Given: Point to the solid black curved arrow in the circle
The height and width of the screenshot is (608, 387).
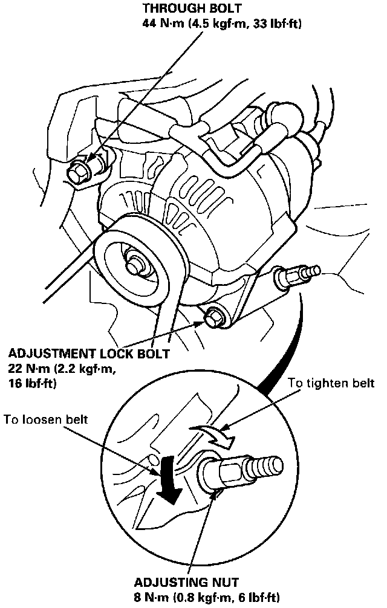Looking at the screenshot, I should pyautogui.click(x=169, y=483).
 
